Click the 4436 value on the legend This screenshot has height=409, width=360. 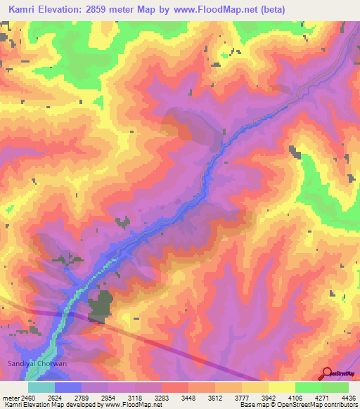click(x=345, y=396)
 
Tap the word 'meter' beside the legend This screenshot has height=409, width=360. click(x=11, y=396)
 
